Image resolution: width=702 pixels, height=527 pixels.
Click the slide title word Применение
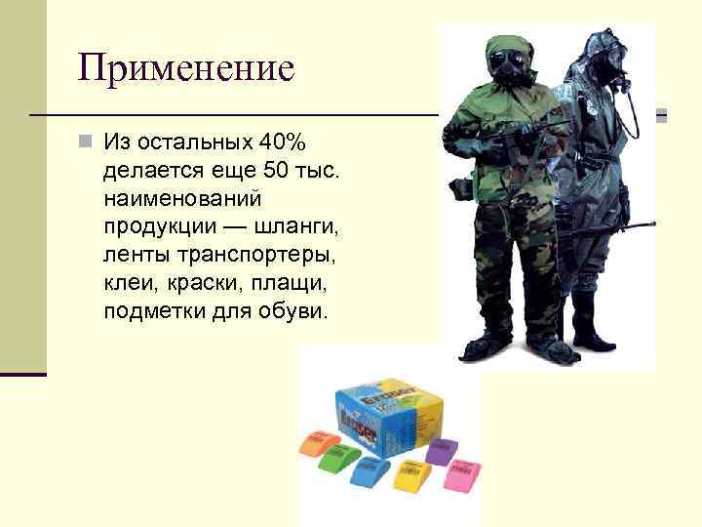[186, 67]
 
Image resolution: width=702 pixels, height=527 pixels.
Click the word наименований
[181, 199]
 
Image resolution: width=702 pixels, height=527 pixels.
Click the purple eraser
[443, 451]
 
